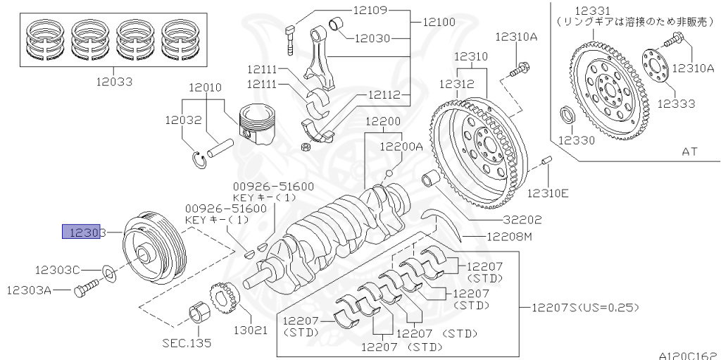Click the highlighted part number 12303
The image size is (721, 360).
pyautogui.click(x=84, y=232)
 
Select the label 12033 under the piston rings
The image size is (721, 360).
pyautogui.click(x=114, y=81)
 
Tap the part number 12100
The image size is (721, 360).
pyautogui.click(x=439, y=23)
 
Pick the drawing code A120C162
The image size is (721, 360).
pyautogui.click(x=688, y=356)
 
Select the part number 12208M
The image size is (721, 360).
pyautogui.click(x=507, y=237)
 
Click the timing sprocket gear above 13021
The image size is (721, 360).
pyautogui.click(x=223, y=299)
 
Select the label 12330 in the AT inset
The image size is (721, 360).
pyautogui.click(x=577, y=140)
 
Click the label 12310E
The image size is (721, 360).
pyautogui.click(x=548, y=193)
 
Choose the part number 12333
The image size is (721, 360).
pyautogui.click(x=676, y=104)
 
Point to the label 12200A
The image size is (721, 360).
pyautogui.click(x=401, y=147)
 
